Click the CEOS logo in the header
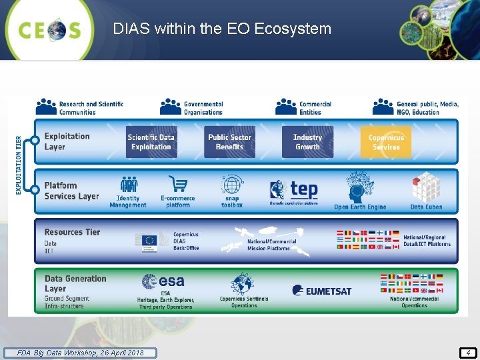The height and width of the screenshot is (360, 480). click(50, 29)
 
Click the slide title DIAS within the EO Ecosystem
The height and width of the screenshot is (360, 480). click(222, 29)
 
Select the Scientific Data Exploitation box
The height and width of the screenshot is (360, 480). click(151, 142)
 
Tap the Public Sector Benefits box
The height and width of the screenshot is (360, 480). click(229, 142)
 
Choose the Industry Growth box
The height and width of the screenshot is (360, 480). click(307, 142)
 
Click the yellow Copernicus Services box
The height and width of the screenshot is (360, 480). click(386, 142)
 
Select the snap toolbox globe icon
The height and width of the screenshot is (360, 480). click(232, 185)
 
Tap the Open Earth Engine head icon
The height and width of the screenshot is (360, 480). click(359, 187)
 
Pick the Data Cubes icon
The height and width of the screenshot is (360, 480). click(425, 187)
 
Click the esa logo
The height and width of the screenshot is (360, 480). click(163, 282)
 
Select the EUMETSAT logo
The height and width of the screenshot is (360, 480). click(321, 291)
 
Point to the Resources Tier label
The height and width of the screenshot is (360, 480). click(72, 232)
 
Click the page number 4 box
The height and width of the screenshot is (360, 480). click(468, 353)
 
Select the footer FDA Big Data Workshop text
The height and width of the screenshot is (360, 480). click(80, 353)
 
